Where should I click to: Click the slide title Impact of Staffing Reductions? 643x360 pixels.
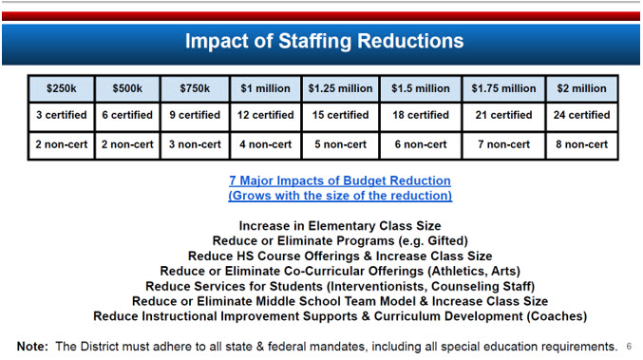tap(324, 42)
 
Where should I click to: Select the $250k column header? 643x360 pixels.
tap(61, 88)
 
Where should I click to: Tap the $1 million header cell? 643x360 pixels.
tap(265, 88)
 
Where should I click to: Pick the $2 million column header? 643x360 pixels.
tap(582, 88)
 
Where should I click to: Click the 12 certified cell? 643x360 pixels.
tap(265, 115)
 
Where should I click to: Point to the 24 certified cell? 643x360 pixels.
tap(582, 115)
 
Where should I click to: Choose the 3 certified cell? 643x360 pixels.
tap(61, 115)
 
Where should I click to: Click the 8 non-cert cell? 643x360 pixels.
tap(582, 144)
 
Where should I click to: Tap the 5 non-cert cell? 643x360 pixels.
tap(339, 144)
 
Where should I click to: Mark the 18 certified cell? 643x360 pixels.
tap(421, 115)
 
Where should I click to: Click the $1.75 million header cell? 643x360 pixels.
tap(503, 88)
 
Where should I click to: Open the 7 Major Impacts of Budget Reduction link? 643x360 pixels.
tap(339, 180)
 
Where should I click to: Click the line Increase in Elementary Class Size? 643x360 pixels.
tap(339, 227)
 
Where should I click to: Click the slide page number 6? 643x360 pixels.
tap(630, 346)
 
